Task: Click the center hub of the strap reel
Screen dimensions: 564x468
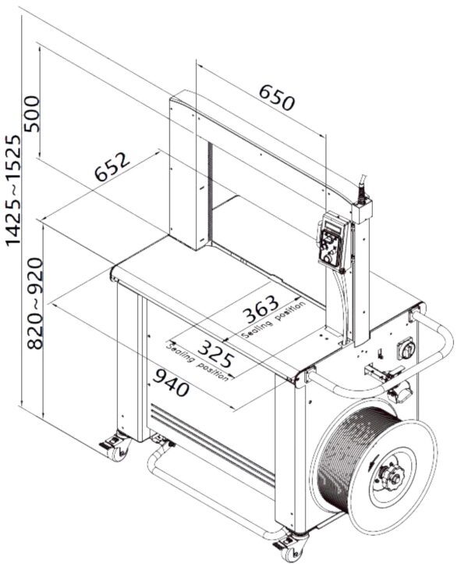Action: [390, 473]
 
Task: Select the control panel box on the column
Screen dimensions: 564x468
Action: [332, 244]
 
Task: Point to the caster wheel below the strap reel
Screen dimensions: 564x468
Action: [290, 546]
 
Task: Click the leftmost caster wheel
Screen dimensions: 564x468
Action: [115, 448]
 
